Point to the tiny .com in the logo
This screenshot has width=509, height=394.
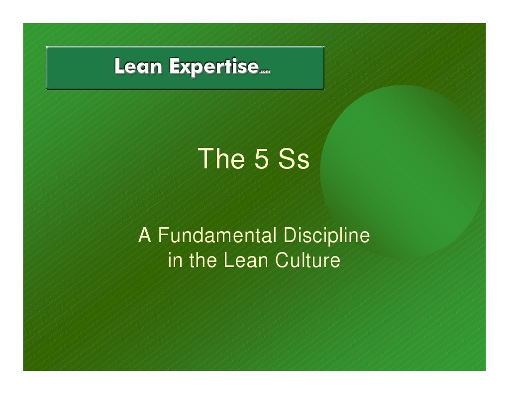click(265, 72)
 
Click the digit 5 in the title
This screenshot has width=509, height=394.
click(262, 159)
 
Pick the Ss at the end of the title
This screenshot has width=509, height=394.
click(294, 159)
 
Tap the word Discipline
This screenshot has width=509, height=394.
click(326, 236)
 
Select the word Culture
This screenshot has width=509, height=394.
click(308, 261)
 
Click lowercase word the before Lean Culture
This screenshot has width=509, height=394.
click(202, 261)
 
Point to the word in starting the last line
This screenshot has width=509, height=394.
click(174, 261)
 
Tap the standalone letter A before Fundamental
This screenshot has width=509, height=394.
click(144, 236)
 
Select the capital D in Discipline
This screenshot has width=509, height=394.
click(289, 236)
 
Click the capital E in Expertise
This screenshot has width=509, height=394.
click(174, 66)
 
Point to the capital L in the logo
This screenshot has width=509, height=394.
click(119, 66)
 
